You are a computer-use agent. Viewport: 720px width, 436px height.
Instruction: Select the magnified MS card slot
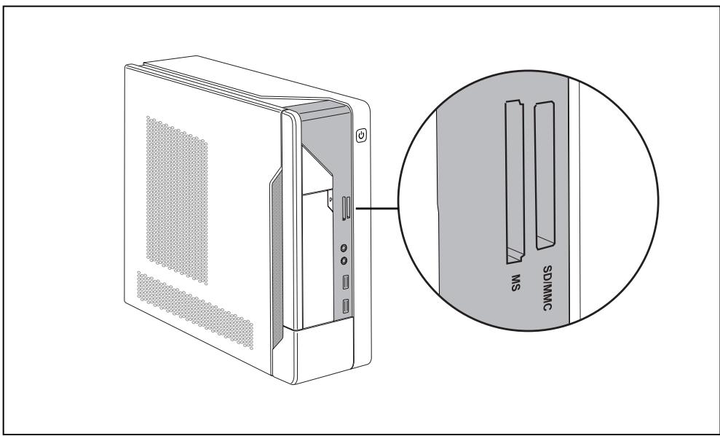(x=513, y=182)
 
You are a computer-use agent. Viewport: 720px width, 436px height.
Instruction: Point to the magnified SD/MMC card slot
(x=544, y=175)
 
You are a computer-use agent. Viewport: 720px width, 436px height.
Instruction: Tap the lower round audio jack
(x=344, y=260)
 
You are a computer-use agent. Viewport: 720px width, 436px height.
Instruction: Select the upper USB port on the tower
(x=347, y=281)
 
